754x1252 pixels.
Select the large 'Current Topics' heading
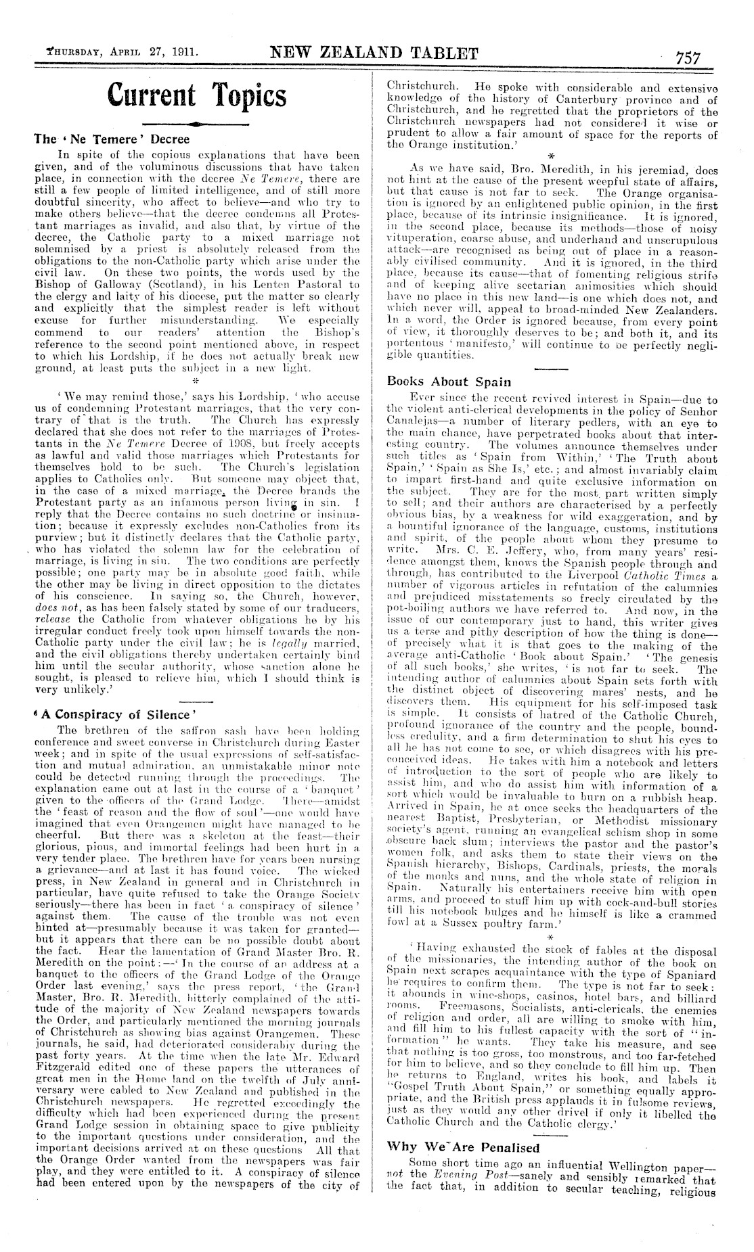tap(196, 95)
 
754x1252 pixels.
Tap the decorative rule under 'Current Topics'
tap(196, 124)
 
